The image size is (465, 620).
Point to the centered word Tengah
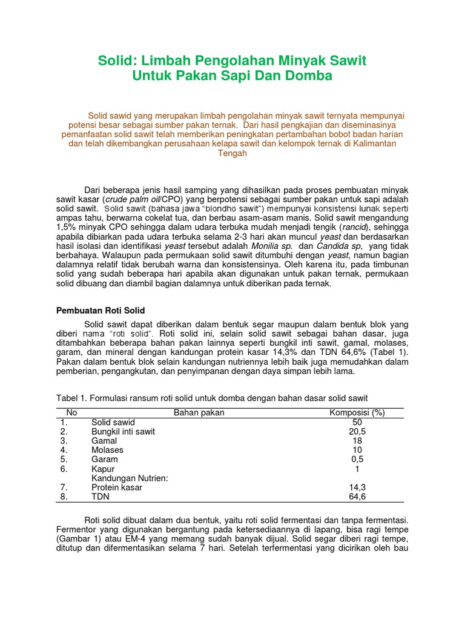click(x=232, y=154)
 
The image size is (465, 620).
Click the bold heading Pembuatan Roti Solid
click(x=101, y=310)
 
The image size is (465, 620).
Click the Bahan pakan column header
click(x=199, y=413)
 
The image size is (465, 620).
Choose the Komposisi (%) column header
click(x=357, y=413)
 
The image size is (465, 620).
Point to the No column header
click(x=72, y=413)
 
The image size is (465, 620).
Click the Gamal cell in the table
click(x=104, y=441)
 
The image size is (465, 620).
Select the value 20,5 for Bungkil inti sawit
click(x=357, y=432)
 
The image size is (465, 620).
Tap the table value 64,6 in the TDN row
click(x=357, y=496)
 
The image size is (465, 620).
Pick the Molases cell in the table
click(x=107, y=450)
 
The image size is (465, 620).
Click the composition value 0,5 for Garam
click(x=357, y=460)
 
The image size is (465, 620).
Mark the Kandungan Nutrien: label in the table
click(x=129, y=478)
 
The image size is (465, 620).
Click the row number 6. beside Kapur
click(x=64, y=469)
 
